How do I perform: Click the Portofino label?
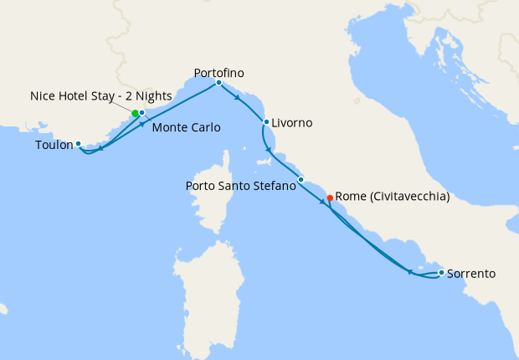coord(218,72)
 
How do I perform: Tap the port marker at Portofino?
coord(218,82)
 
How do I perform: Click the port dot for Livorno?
coord(266,122)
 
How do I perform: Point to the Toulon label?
coord(54,145)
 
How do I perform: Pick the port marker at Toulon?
coord(78,143)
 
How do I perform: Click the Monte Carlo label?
coord(186,128)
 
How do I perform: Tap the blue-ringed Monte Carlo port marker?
coord(142,112)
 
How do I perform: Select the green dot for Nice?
coord(135,113)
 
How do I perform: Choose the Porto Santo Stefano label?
coord(240,185)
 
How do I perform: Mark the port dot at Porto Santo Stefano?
coord(301,179)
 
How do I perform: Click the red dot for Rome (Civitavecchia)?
coord(330,198)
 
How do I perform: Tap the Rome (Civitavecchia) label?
coord(393,197)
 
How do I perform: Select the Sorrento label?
coord(471,273)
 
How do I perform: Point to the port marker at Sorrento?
coord(441,272)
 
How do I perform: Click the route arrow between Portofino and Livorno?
coord(238,98)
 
